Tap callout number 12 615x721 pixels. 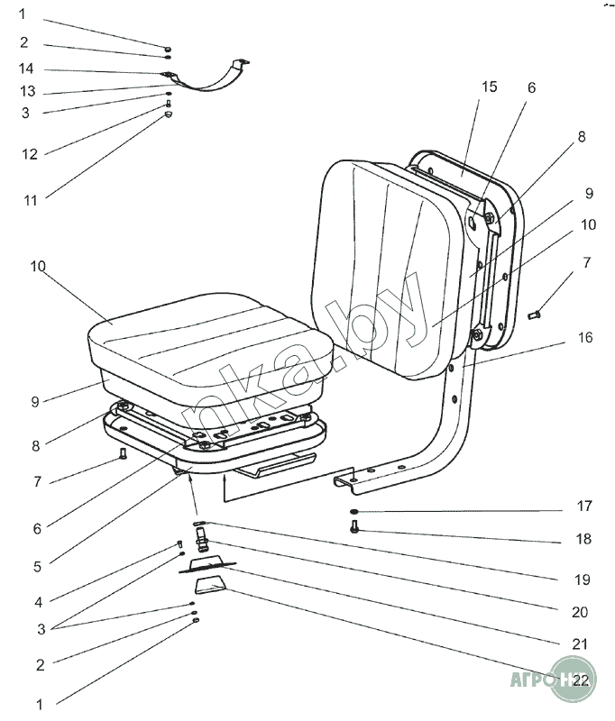(x=30, y=154)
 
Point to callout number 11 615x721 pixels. (x=30, y=200)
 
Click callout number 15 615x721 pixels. (x=489, y=87)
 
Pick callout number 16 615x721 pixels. (x=586, y=338)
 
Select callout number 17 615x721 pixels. (x=583, y=507)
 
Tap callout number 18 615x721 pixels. (x=583, y=539)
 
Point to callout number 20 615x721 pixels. (x=580, y=612)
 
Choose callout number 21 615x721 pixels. (x=580, y=643)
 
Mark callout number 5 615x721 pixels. (x=37, y=567)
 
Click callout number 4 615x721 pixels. (x=37, y=601)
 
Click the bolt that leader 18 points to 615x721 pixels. (x=353, y=529)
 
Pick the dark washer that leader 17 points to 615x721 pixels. (x=354, y=513)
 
